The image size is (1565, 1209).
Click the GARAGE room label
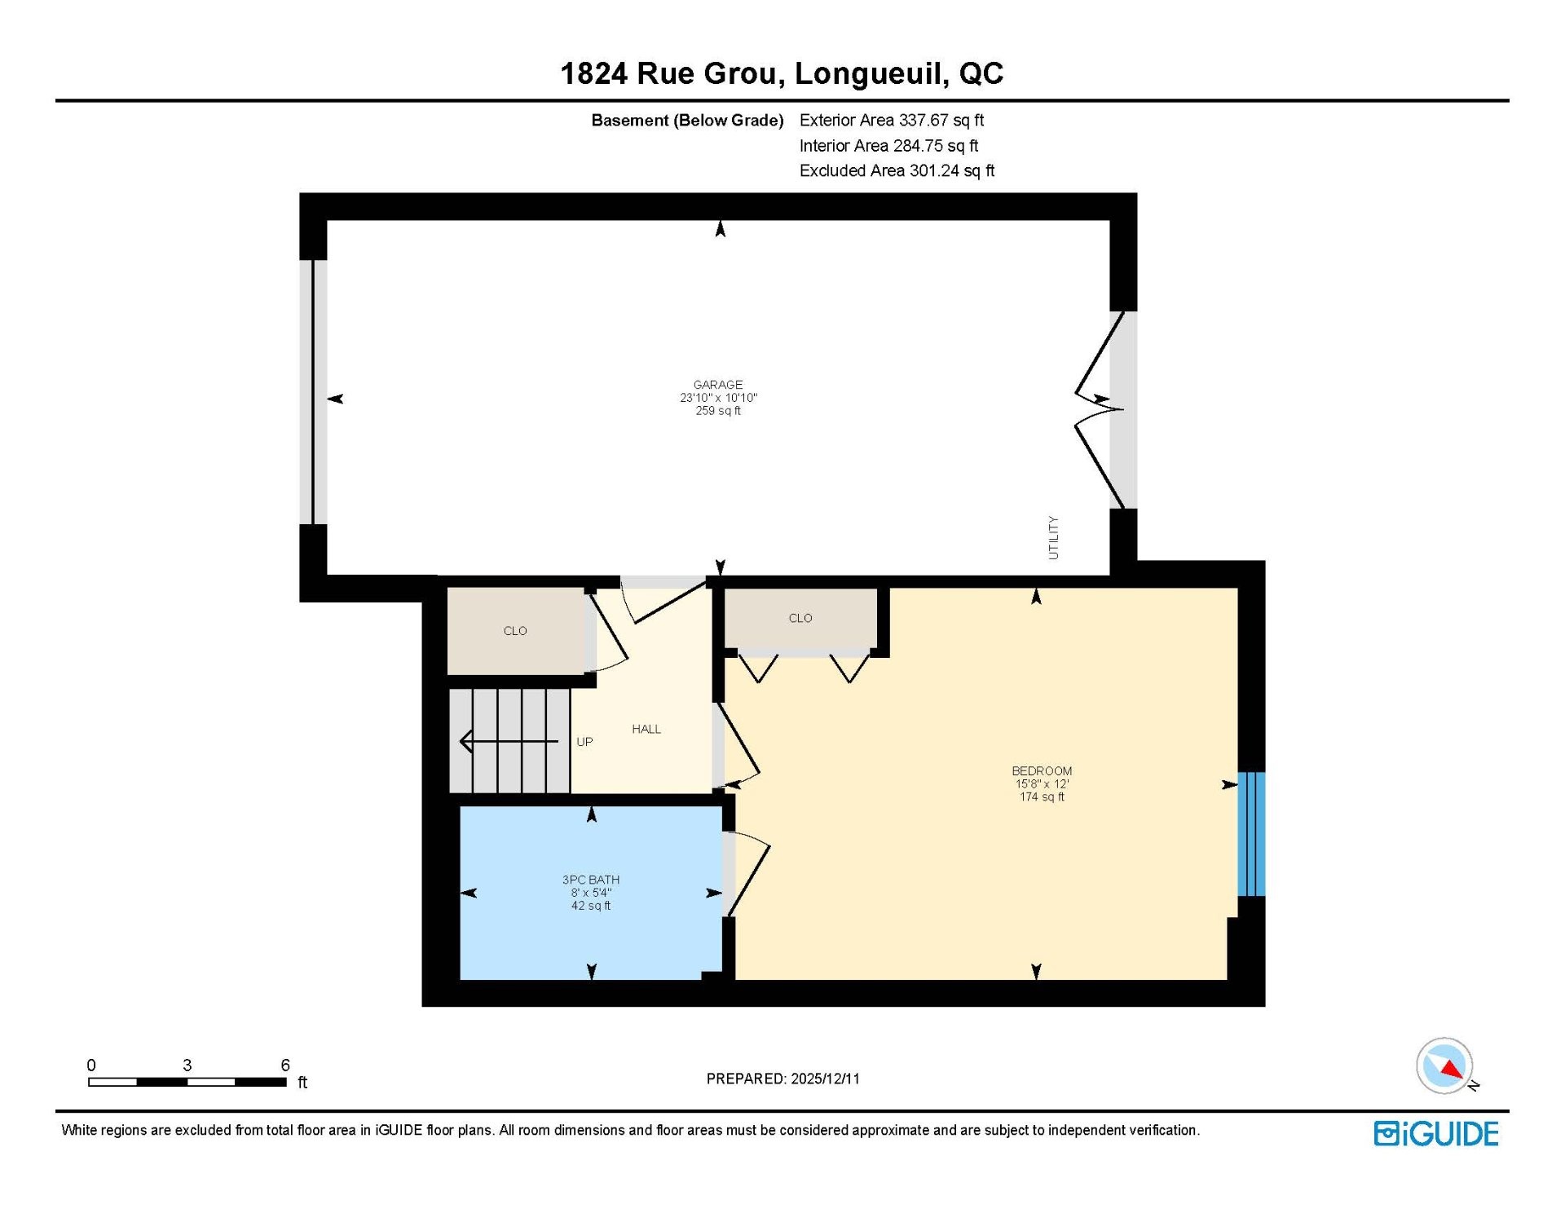click(718, 385)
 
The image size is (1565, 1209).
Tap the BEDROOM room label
click(1042, 771)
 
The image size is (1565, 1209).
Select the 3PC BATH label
click(591, 880)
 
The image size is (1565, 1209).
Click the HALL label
click(646, 729)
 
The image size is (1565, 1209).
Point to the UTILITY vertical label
click(1053, 537)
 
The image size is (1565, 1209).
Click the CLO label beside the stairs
click(515, 631)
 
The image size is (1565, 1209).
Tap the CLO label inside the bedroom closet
click(800, 618)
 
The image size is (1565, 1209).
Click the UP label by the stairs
click(584, 742)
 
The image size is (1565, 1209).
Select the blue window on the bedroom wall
click(1251, 834)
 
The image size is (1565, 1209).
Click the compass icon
click(1445, 1066)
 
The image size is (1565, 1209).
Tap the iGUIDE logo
click(1436, 1134)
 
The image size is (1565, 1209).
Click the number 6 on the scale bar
click(285, 1065)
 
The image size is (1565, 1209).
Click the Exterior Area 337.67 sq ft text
click(892, 120)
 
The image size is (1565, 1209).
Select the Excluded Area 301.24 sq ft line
click(897, 170)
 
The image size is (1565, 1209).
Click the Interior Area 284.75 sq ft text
click(889, 145)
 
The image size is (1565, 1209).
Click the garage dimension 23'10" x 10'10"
click(719, 398)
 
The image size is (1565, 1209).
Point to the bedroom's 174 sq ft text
click(1042, 797)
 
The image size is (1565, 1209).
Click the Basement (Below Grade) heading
click(687, 121)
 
